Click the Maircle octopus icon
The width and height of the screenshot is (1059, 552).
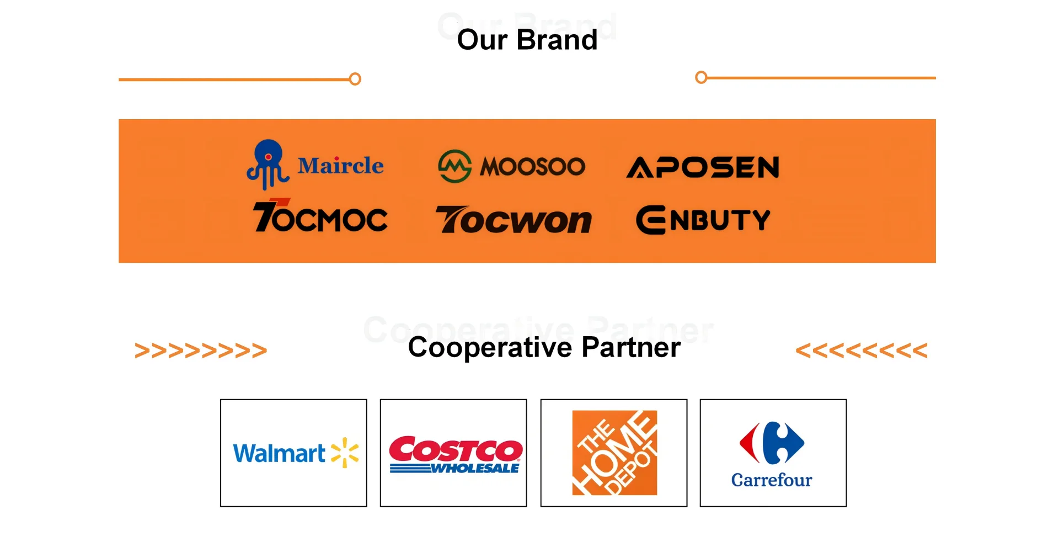tap(268, 164)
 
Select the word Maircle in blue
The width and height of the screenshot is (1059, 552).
tap(340, 166)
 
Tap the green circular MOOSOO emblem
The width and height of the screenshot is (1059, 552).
tap(454, 166)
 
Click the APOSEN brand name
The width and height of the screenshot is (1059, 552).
tap(703, 167)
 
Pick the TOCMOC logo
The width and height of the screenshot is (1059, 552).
tap(320, 217)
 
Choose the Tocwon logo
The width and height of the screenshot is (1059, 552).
tap(513, 220)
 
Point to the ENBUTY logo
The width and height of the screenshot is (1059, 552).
tap(703, 220)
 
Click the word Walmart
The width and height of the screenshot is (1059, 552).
tap(279, 454)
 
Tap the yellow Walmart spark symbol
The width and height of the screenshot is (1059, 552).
tap(345, 453)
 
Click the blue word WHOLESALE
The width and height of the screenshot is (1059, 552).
tap(475, 469)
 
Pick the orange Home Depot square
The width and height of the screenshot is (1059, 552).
tap(614, 453)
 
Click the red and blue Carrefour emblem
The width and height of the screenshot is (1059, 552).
tap(772, 443)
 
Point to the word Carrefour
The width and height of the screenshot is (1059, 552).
tap(772, 480)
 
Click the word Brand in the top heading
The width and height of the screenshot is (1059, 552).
tap(557, 40)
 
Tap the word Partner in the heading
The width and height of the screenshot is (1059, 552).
tap(631, 348)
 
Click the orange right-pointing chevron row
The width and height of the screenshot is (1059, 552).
tap(201, 351)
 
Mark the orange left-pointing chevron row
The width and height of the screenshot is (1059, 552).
tap(862, 351)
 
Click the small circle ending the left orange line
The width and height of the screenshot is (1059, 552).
tap(356, 79)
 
